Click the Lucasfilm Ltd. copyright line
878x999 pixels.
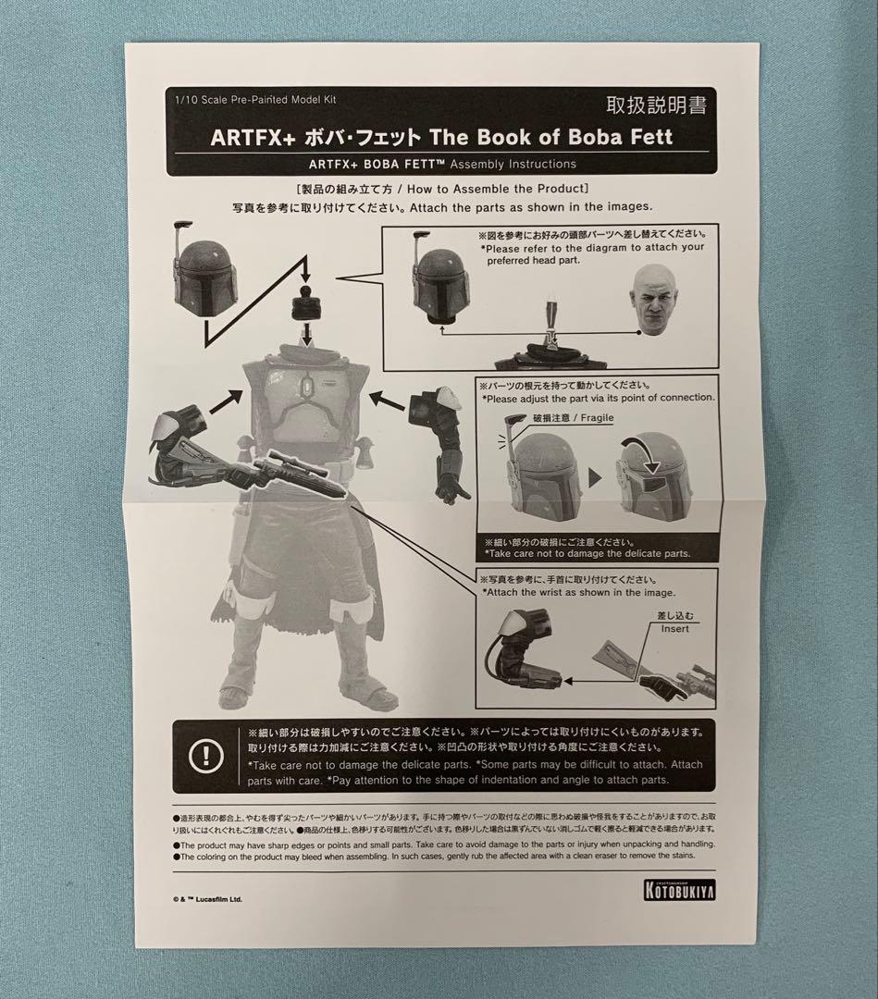click(x=207, y=897)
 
